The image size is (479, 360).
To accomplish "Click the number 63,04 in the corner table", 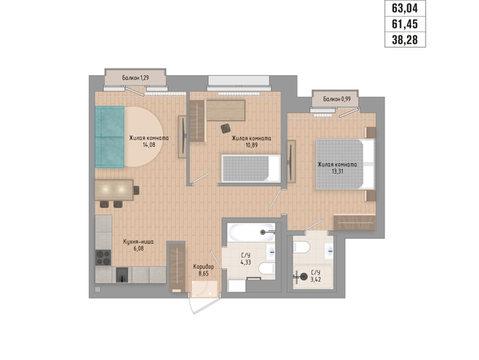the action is pyautogui.click(x=405, y=8).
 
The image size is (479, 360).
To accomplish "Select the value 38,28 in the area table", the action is pyautogui.click(x=405, y=40).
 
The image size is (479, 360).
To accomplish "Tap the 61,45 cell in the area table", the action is pyautogui.click(x=405, y=24).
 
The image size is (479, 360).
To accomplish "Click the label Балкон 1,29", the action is pyautogui.click(x=135, y=77).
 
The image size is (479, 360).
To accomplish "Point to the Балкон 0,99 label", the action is pyautogui.click(x=337, y=99).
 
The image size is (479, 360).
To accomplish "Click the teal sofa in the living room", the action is pyautogui.click(x=110, y=136).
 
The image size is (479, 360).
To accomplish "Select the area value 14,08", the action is pyautogui.click(x=148, y=144).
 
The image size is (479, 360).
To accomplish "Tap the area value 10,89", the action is pyautogui.click(x=251, y=145).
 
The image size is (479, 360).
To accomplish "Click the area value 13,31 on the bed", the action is pyautogui.click(x=337, y=171).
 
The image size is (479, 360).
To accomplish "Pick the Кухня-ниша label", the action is pyautogui.click(x=139, y=241).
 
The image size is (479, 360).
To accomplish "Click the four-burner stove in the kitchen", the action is pyautogui.click(x=103, y=257).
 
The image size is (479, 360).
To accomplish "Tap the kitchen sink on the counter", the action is pyautogui.click(x=123, y=274).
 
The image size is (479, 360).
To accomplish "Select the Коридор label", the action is pyautogui.click(x=203, y=266).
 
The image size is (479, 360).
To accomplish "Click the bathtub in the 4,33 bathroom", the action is pyautogui.click(x=252, y=232).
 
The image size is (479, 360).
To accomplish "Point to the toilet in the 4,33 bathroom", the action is pyautogui.click(x=267, y=268).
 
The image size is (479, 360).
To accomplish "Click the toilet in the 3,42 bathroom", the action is pyautogui.click(x=302, y=247).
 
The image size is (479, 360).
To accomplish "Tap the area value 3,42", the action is pyautogui.click(x=315, y=279).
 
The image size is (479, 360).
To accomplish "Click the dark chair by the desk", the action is pyautogui.click(x=226, y=128).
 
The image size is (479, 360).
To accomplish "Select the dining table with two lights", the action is pyautogui.click(x=114, y=190).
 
